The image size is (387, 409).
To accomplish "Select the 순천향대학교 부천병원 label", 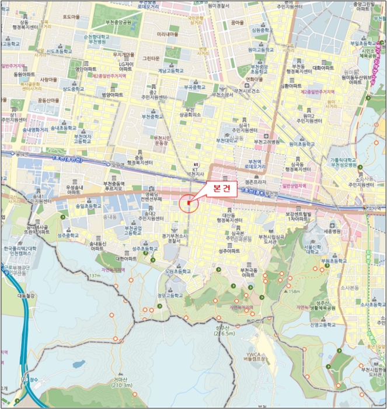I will pyautogui.click(x=97, y=39).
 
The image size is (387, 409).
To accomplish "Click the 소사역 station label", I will pyautogui.click(x=374, y=207).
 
